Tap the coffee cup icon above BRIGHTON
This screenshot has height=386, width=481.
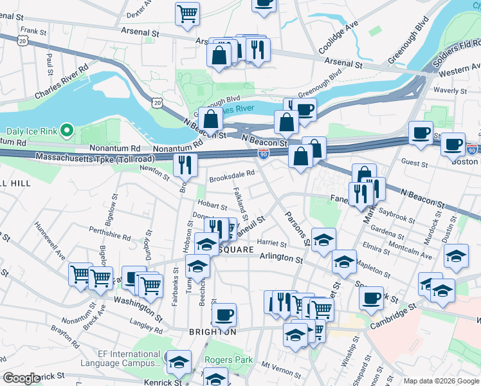coord(224,314)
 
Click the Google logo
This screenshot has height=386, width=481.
coord(22,378)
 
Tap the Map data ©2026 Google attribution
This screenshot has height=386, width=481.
coord(441,381)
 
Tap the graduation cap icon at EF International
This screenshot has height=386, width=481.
coord(179,362)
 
